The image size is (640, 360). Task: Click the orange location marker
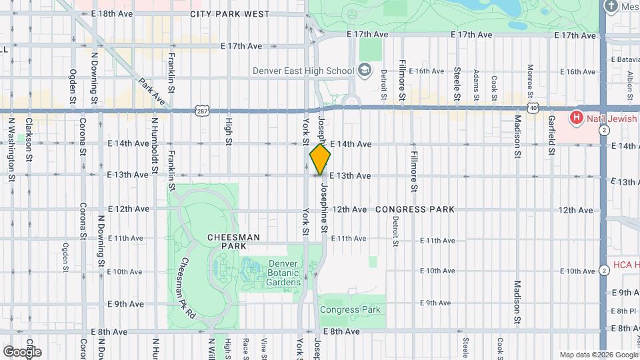(x=320, y=159)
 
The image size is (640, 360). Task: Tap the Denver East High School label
(x=303, y=71)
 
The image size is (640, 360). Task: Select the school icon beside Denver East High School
(x=364, y=69)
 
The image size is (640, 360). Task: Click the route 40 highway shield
(x=532, y=107)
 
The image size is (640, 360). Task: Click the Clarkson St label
(x=29, y=141)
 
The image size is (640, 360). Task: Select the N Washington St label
(x=11, y=150)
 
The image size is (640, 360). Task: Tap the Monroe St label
(x=530, y=79)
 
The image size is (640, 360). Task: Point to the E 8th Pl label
(x=625, y=311)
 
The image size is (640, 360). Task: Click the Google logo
(x=22, y=351)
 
